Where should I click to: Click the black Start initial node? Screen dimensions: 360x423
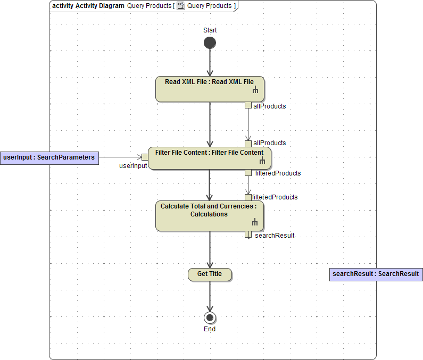pyautogui.click(x=210, y=43)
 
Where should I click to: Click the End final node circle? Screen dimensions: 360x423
pyautogui.click(x=210, y=318)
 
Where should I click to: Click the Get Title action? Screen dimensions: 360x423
pyautogui.click(x=210, y=274)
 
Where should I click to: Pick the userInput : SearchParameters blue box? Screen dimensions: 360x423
pyautogui.click(x=49, y=157)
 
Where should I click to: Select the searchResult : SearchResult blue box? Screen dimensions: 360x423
pyautogui.click(x=376, y=274)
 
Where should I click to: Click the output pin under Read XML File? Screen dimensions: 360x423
pyautogui.click(x=248, y=105)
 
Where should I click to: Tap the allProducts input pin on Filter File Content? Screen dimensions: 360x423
pyautogui.click(x=248, y=144)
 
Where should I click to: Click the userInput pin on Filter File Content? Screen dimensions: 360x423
pyautogui.click(x=145, y=157)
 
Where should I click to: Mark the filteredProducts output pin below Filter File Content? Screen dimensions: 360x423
pyautogui.click(x=248, y=172)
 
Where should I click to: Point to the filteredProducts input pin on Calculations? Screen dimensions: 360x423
pyautogui.click(x=248, y=197)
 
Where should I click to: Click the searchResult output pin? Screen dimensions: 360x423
pyautogui.click(x=248, y=235)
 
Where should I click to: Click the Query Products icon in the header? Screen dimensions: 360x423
pyautogui.click(x=181, y=6)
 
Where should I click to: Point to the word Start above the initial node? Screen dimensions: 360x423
pyautogui.click(x=210, y=30)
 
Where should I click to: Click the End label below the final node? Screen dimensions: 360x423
pyautogui.click(x=210, y=329)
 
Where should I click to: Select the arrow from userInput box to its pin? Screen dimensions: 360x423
pyautogui.click(x=120, y=157)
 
